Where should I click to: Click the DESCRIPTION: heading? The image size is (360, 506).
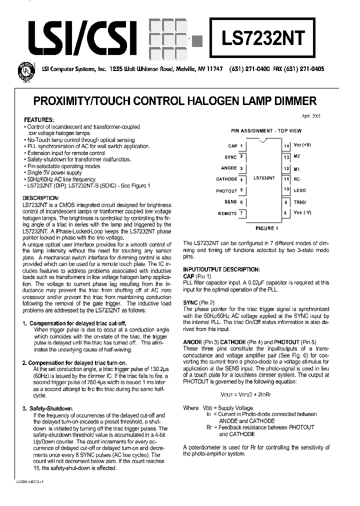tap(42, 198)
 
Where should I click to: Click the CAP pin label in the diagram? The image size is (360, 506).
tap(232, 146)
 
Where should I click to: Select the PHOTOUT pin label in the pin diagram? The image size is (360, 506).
tap(226, 190)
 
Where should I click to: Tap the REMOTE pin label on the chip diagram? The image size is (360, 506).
tap(227, 213)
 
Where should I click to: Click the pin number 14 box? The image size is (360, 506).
tap(286, 146)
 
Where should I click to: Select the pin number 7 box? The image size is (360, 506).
tap(242, 213)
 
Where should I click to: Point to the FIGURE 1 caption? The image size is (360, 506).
tap(265, 228)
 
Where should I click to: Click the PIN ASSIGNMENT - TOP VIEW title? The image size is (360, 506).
tap(265, 130)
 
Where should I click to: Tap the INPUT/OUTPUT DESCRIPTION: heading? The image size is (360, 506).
tap(221, 269)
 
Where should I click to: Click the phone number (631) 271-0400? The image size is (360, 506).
tap(249, 69)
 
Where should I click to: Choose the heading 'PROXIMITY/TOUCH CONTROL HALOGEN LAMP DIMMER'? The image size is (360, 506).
tap(175, 101)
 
